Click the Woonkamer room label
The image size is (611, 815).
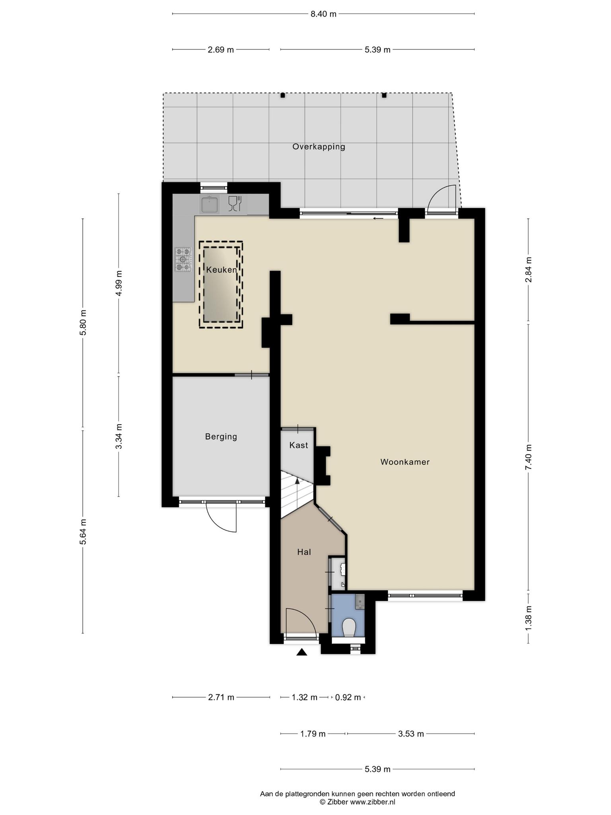pos(405,462)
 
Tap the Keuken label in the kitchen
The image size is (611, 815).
pos(222,270)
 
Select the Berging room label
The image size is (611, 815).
pos(221,437)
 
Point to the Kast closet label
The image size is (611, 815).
pos(299,445)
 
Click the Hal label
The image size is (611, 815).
pos(304,552)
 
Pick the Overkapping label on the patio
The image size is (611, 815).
pos(319,147)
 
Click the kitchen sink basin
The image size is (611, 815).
pos(210,205)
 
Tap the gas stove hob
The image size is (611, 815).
pos(183,259)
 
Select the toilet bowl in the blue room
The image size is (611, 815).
pos(349,627)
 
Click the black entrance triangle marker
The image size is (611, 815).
pos(302,652)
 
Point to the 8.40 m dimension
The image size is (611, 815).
pos(323,14)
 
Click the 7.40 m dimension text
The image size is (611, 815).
pos(528,457)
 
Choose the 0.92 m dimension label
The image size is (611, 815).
pos(348,697)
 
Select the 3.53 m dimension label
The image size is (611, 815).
pos(411,734)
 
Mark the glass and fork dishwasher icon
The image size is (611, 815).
pos(235,203)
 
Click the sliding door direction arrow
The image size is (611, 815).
pos(378,218)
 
